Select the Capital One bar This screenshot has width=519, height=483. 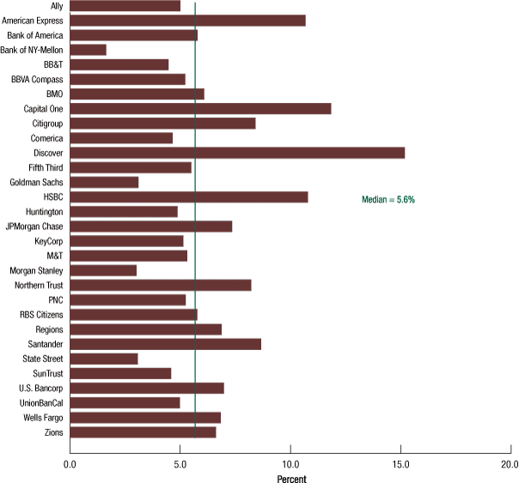(x=200, y=109)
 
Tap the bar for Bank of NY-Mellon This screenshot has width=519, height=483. (x=88, y=50)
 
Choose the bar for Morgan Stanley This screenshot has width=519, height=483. (x=103, y=270)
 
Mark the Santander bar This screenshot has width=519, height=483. (x=165, y=344)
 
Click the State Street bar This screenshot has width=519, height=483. (x=103, y=359)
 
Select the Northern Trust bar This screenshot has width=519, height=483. (x=160, y=285)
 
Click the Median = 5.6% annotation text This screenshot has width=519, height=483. (x=388, y=199)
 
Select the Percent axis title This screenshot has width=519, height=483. (x=290, y=477)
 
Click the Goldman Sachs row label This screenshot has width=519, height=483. (x=36, y=183)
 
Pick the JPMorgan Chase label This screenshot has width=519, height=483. (x=34, y=226)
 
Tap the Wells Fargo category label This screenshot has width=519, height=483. (x=40, y=418)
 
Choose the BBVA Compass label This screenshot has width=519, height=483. (x=38, y=79)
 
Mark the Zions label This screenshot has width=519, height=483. (x=52, y=432)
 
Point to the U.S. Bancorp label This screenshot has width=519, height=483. (x=40, y=388)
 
